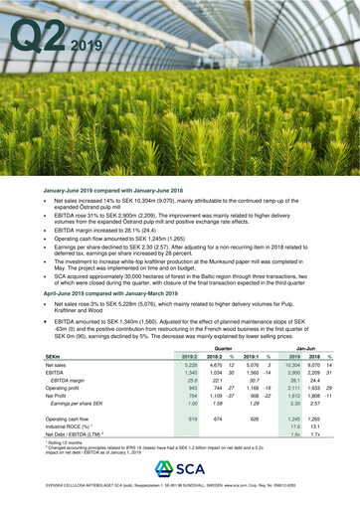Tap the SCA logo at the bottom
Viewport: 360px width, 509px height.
pyautogui.click(x=180, y=467)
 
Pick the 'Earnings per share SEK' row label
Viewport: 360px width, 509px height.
pyautogui.click(x=78, y=402)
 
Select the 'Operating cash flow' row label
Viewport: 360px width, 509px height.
pyautogui.click(x=71, y=420)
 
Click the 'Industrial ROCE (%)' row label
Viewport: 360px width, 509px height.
pyautogui.click(x=71, y=427)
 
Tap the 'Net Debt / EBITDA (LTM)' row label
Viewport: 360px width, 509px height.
pyautogui.click(x=77, y=435)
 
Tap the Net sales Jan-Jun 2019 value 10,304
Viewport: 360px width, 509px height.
pyautogui.click(x=291, y=366)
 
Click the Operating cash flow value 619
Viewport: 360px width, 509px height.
pyautogui.click(x=193, y=420)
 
